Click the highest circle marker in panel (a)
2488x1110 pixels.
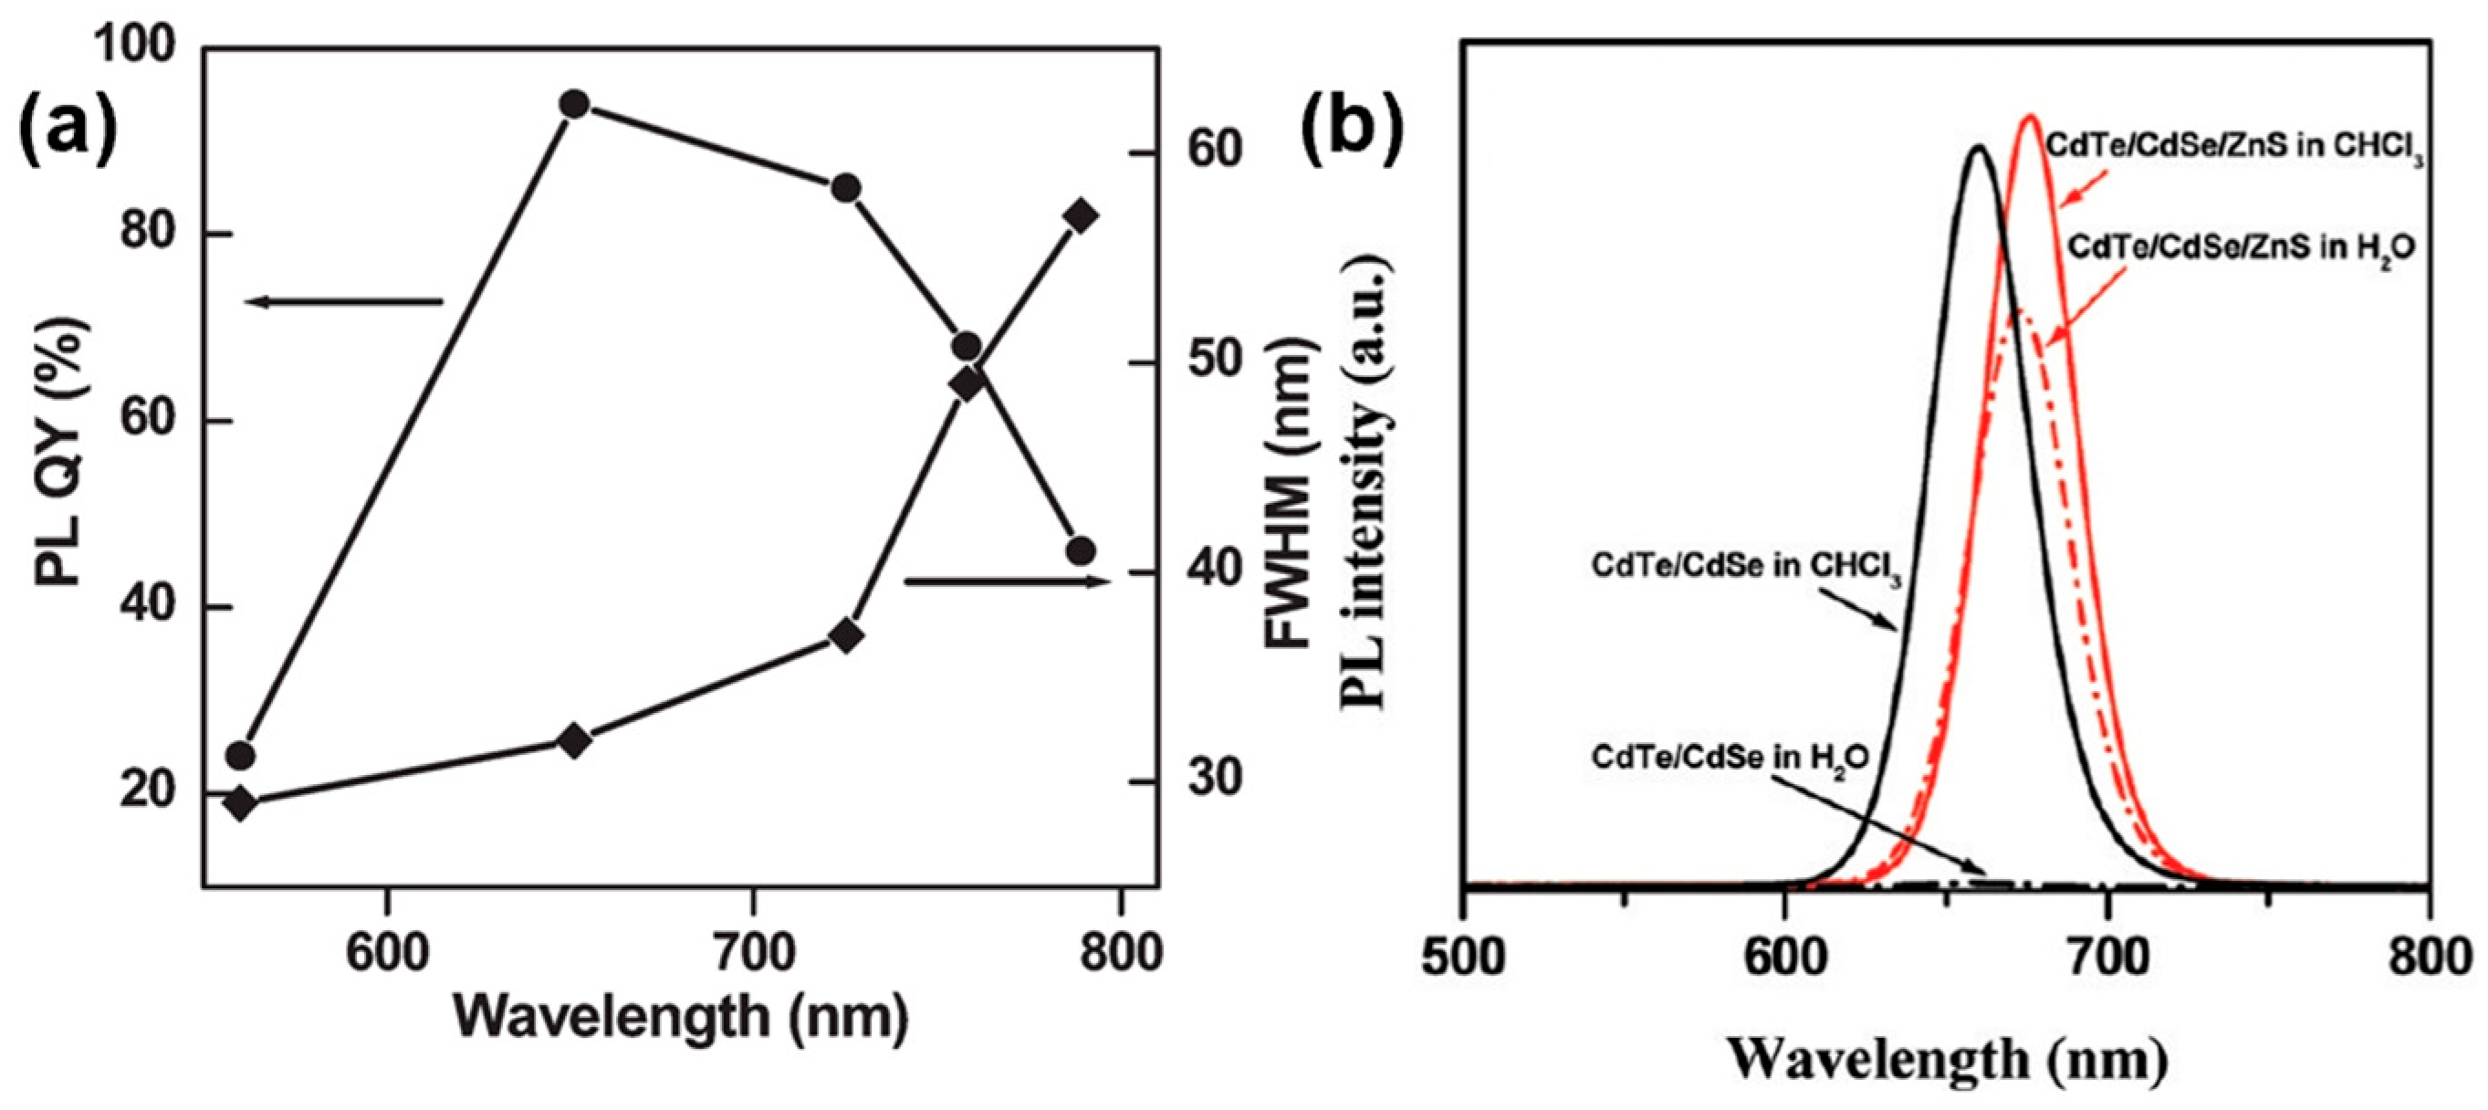575,104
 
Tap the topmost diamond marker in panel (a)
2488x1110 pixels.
1081,215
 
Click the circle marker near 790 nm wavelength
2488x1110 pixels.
1081,550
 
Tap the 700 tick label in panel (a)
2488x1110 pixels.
752,952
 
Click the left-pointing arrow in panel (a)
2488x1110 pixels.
344,302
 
